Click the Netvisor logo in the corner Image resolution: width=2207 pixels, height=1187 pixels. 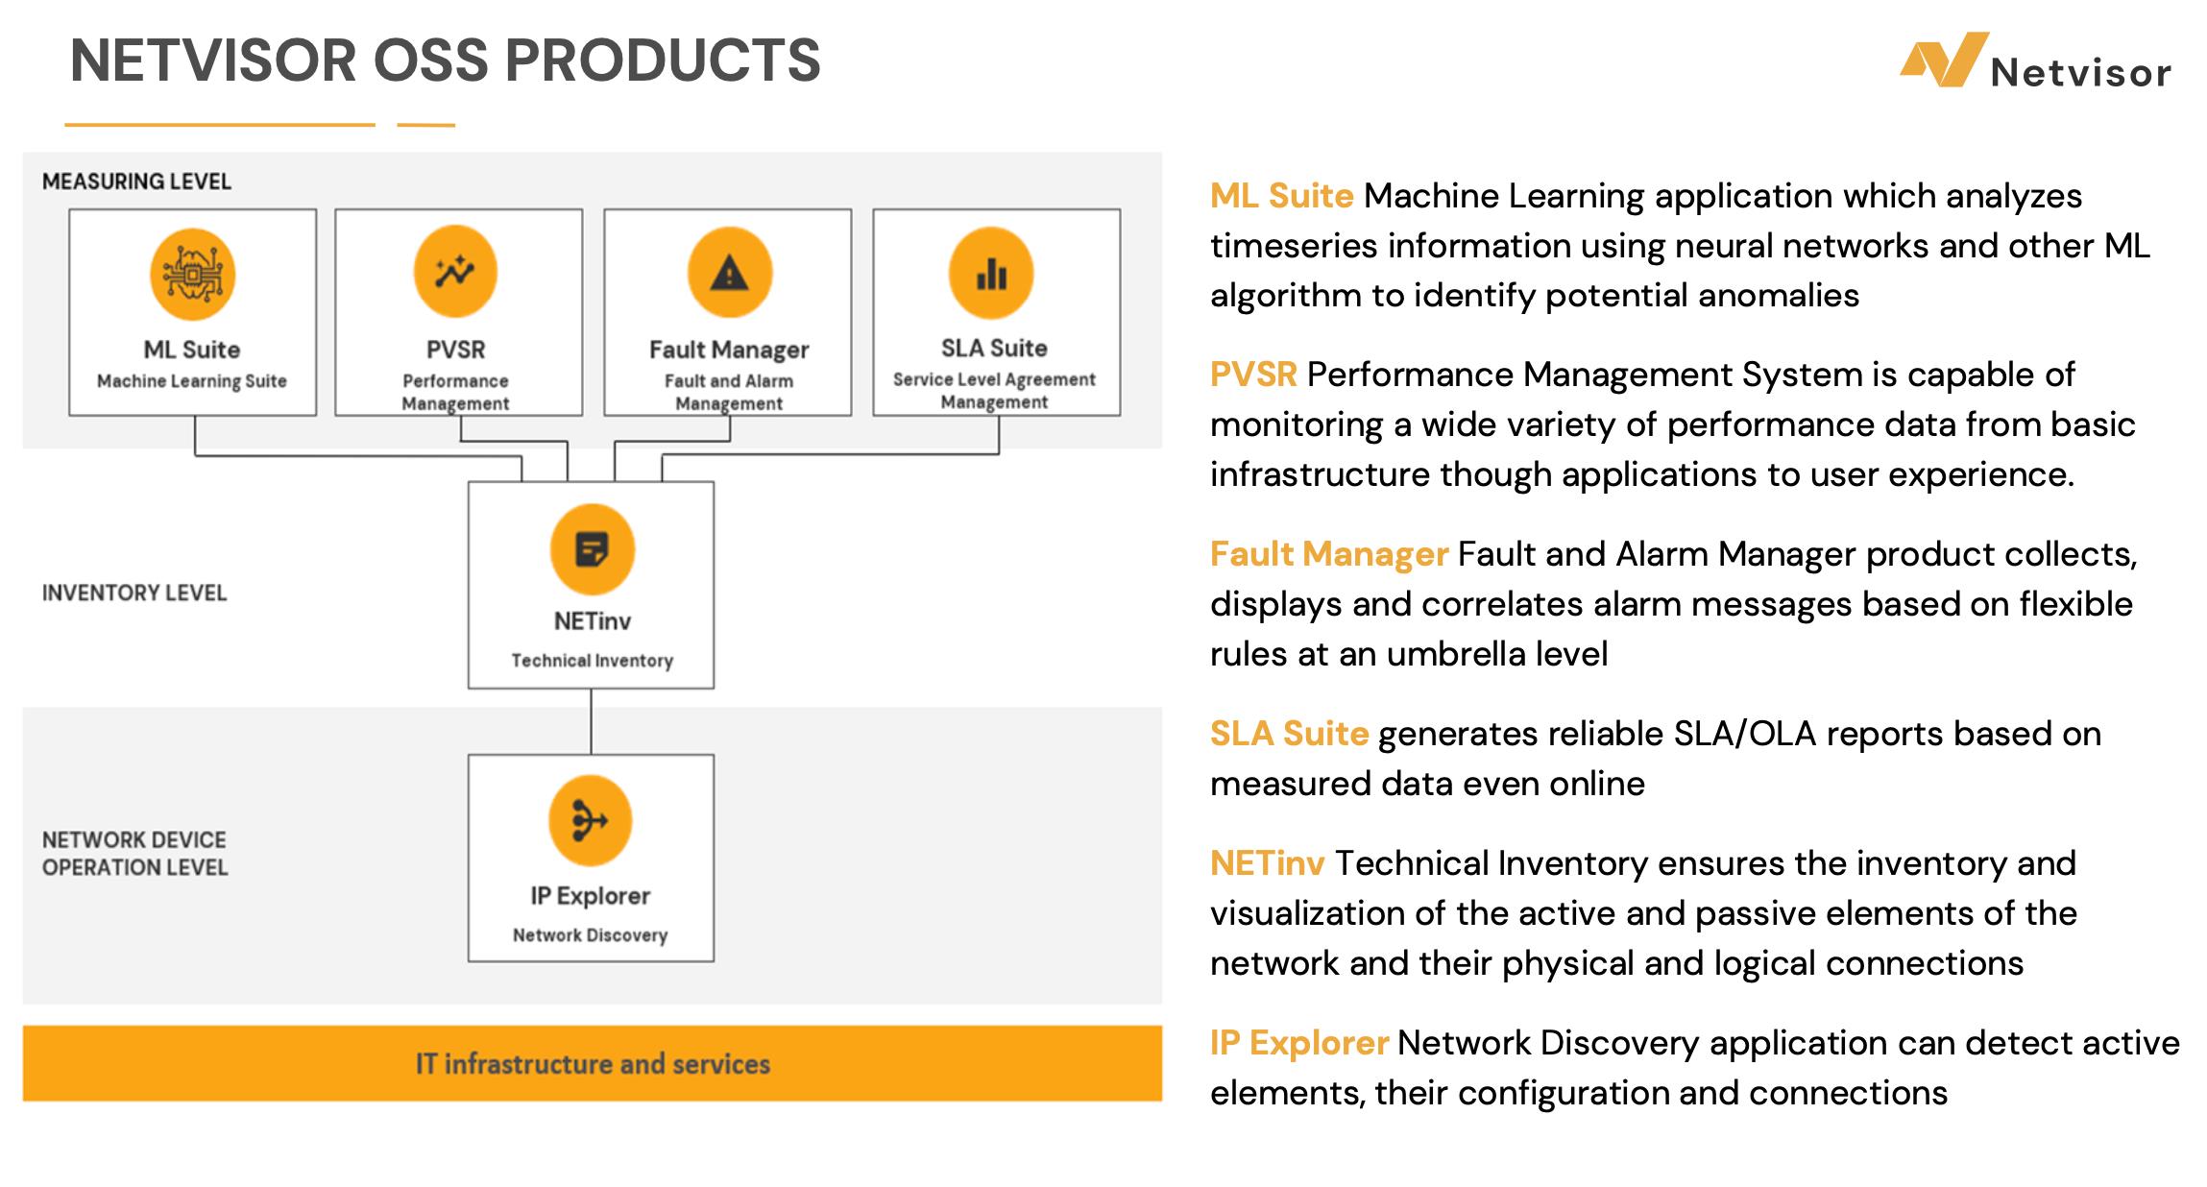(x=2034, y=61)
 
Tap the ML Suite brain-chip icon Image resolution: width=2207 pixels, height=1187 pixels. (x=192, y=275)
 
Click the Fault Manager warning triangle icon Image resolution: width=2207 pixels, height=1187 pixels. (x=729, y=273)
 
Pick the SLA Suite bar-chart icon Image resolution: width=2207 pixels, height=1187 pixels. (x=991, y=274)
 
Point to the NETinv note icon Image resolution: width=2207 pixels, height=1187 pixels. (x=592, y=549)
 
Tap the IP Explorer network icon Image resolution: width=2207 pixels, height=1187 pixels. (x=590, y=821)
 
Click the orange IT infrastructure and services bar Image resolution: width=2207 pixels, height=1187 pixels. (x=592, y=1063)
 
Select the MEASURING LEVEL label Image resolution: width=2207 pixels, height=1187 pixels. (x=136, y=182)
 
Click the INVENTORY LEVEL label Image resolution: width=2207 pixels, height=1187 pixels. (x=134, y=593)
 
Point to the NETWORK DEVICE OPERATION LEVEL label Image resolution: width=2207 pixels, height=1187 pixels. (x=134, y=853)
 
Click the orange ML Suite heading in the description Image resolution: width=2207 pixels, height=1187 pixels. (x=1281, y=196)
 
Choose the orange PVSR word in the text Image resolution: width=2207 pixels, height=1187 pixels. (x=1253, y=375)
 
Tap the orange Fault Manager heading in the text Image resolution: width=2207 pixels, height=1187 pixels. (x=1328, y=554)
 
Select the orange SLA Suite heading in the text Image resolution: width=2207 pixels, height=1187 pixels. (x=1289, y=734)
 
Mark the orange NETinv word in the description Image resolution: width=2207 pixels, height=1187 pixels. (x=1267, y=863)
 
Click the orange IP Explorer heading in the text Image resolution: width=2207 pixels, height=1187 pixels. (x=1298, y=1043)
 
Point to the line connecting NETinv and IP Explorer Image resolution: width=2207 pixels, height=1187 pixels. (x=591, y=721)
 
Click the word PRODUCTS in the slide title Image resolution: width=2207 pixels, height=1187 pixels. (x=662, y=61)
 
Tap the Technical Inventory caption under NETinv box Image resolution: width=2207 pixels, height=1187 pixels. (x=592, y=661)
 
